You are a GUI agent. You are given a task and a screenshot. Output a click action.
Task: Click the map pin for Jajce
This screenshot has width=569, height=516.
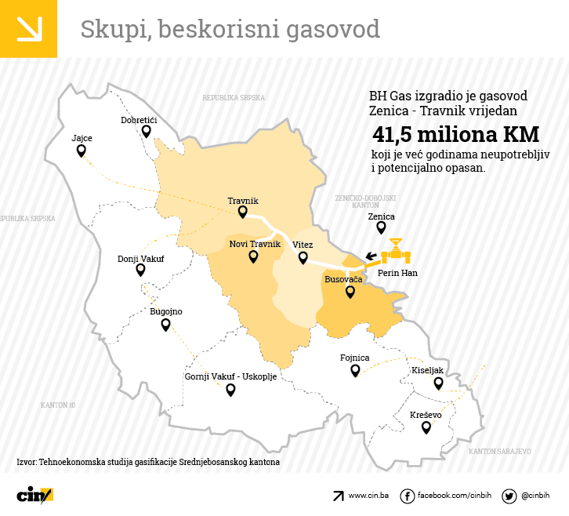pyautogui.click(x=81, y=151)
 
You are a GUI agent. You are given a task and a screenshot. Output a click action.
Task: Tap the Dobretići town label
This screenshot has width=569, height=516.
pyautogui.click(x=139, y=120)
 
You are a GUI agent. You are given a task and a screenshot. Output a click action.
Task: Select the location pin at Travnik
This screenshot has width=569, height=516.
pyautogui.click(x=242, y=212)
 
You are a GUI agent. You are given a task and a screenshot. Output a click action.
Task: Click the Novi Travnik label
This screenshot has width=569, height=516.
pyautogui.click(x=255, y=245)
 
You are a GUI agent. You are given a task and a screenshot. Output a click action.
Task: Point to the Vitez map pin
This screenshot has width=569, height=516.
pyautogui.click(x=303, y=257)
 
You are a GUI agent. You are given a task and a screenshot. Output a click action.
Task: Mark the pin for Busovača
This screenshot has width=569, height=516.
pyautogui.click(x=350, y=292)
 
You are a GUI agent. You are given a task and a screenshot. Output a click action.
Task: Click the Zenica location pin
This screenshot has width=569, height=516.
pyautogui.click(x=381, y=227)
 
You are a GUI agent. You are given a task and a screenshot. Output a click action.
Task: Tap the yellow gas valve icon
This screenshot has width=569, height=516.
pyautogui.click(x=396, y=253)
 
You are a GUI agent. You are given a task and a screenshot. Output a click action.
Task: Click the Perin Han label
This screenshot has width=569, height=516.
pyautogui.click(x=397, y=273)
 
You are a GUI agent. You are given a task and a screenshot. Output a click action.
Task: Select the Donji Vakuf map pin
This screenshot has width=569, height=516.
pyautogui.click(x=140, y=270)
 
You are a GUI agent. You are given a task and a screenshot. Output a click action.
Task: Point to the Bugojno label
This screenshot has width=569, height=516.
pyautogui.click(x=165, y=311)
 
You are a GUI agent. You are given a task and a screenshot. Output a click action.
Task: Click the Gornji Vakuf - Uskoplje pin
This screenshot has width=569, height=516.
pyautogui.click(x=230, y=389)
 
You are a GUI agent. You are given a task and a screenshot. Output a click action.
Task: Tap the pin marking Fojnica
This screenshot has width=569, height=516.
pyautogui.click(x=355, y=370)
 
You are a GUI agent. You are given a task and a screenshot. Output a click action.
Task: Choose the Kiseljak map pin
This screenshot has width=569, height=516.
pyautogui.click(x=438, y=383)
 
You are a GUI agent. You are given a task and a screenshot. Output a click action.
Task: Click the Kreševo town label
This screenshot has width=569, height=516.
pyautogui.click(x=426, y=415)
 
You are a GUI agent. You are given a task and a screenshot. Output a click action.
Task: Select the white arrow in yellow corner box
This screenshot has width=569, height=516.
pyautogui.click(x=28, y=28)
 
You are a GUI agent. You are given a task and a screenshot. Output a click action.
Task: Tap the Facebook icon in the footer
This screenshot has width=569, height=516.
pyautogui.click(x=407, y=496)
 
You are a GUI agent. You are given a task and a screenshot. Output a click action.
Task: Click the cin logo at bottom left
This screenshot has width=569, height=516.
pyautogui.click(x=34, y=495)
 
